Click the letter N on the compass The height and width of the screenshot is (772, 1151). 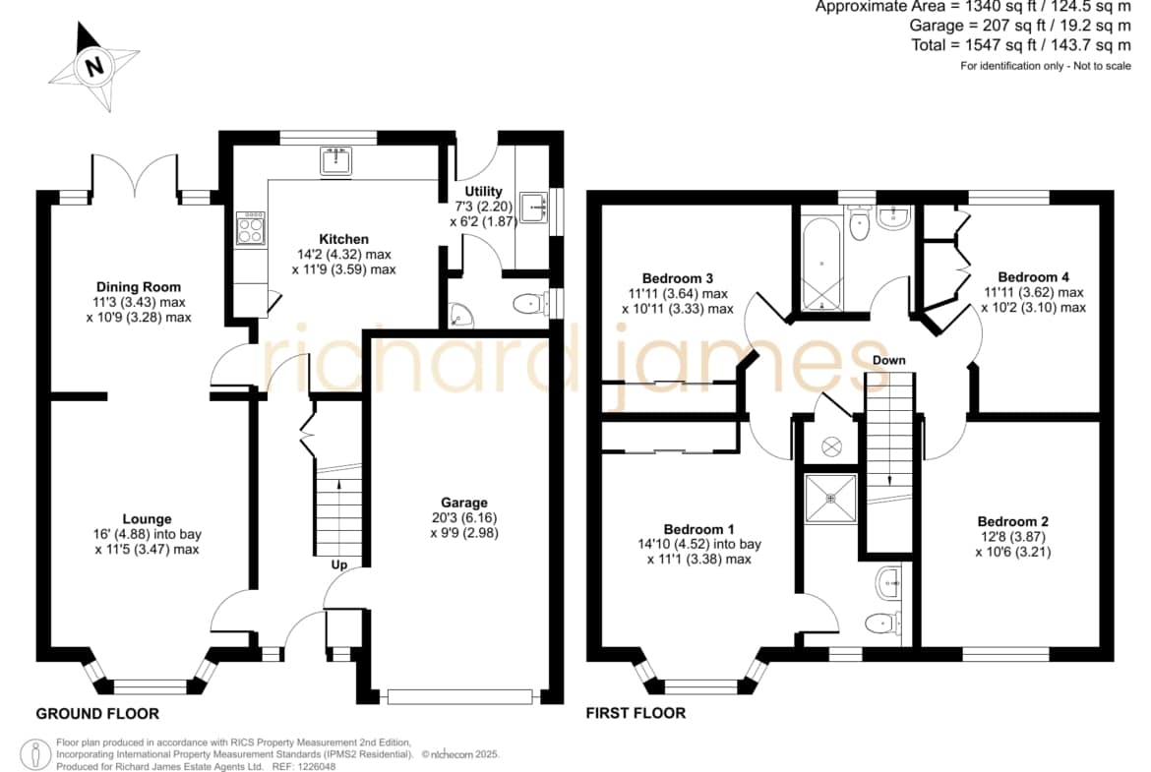click(x=94, y=67)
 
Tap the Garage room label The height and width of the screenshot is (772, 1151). click(x=464, y=503)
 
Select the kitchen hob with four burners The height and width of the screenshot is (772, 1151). click(x=250, y=228)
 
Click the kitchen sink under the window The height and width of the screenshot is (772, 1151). click(x=336, y=160)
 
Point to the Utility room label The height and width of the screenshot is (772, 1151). click(x=484, y=192)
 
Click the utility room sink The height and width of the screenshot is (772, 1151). click(x=534, y=208)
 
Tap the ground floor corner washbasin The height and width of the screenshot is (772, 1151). click(x=461, y=315)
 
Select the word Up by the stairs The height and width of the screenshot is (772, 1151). click(x=339, y=564)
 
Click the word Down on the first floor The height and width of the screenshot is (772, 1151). click(x=889, y=360)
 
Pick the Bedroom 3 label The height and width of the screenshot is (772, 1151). click(x=678, y=278)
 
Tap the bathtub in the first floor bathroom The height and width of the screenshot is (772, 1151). click(x=821, y=264)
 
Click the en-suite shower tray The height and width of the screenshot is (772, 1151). click(x=831, y=499)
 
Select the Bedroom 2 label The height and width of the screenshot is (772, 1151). click(x=1013, y=522)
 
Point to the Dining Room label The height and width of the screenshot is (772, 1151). click(x=139, y=287)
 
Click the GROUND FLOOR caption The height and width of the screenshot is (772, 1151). click(x=97, y=713)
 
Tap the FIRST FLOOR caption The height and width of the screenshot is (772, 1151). click(x=636, y=713)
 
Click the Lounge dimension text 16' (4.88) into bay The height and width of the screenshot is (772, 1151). click(x=147, y=534)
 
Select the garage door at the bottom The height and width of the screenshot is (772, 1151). click(x=460, y=696)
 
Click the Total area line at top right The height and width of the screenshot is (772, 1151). click(x=1021, y=45)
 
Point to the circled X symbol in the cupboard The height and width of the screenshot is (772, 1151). click(x=831, y=446)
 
